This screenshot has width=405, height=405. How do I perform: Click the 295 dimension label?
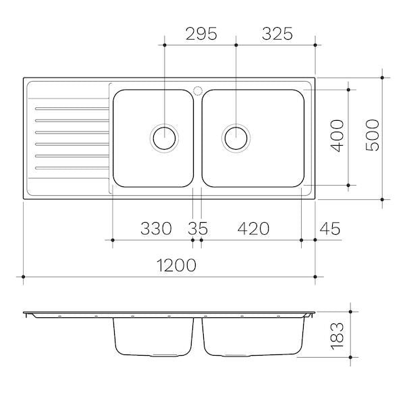coord(201,34)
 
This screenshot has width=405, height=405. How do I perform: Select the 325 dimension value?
coord(277,34)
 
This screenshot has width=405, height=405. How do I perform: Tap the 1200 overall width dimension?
coord(176,265)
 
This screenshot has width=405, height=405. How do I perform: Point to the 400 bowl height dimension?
coord(337,136)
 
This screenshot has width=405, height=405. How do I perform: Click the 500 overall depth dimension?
coord(373,135)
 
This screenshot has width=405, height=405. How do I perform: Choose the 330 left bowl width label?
coord(156,228)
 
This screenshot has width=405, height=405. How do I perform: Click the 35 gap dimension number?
coord(198,228)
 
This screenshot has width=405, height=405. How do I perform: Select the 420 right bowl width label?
coord(253,228)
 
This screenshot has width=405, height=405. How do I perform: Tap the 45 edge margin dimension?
coord(330,228)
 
